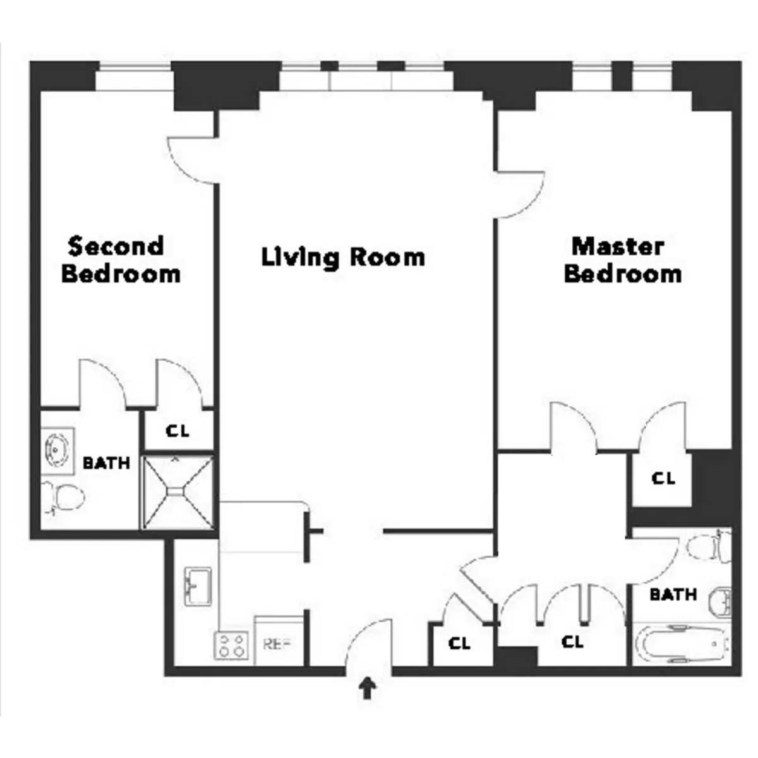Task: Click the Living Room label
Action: (343, 258)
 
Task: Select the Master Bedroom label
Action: (622, 260)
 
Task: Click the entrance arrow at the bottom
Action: (366, 688)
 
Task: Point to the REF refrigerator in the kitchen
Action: (277, 645)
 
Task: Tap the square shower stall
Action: (177, 491)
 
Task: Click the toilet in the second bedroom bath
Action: (63, 496)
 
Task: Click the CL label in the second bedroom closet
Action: (177, 431)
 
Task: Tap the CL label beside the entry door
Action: (459, 644)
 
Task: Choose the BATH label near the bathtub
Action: (673, 594)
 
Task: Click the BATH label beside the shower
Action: (106, 463)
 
